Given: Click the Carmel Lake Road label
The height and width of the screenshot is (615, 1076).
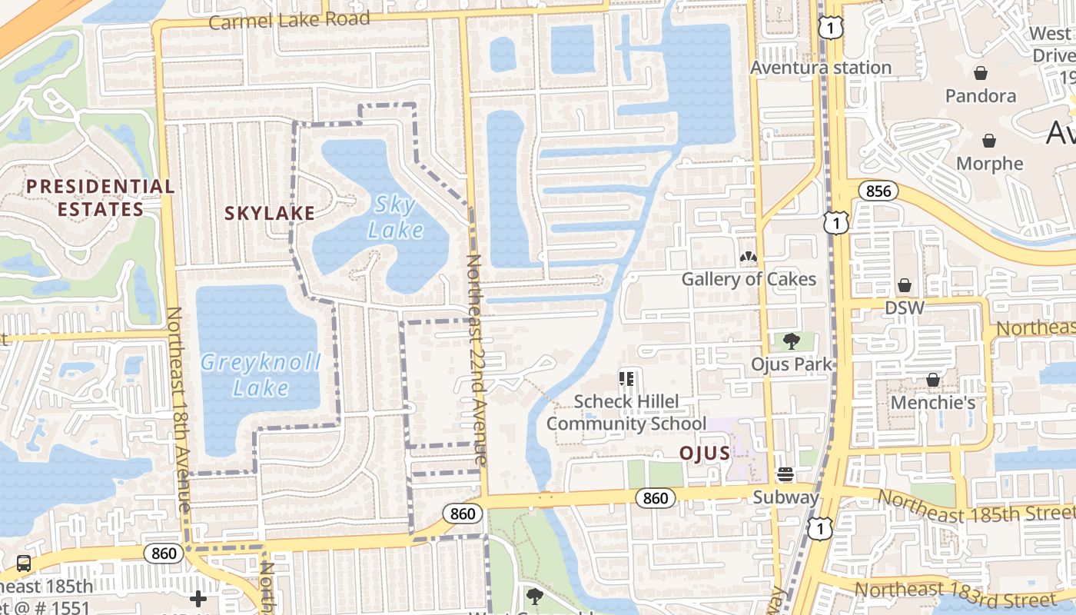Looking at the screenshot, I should click(x=289, y=21).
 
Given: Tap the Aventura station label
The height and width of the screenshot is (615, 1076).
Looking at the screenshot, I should click(x=821, y=68).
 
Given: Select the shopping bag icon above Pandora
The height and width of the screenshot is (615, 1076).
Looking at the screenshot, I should click(x=981, y=74).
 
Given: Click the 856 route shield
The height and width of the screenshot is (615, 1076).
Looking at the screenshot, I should click(x=878, y=191).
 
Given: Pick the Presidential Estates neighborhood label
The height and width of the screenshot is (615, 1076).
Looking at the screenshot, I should click(x=100, y=198).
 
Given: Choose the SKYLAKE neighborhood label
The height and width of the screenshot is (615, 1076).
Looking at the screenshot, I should click(x=270, y=213).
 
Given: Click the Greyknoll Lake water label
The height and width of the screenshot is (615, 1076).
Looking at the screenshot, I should click(x=261, y=374).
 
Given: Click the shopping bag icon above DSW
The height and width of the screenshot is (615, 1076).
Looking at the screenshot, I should click(x=905, y=286).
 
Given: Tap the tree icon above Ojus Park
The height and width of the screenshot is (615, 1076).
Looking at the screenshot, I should click(x=791, y=341).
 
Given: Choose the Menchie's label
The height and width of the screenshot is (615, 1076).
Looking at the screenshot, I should click(x=932, y=403).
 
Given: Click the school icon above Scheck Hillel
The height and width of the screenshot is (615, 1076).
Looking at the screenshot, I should click(x=626, y=378).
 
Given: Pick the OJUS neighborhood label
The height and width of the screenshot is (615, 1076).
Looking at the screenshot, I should click(x=705, y=453).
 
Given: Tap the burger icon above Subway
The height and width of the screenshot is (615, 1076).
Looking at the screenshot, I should click(x=785, y=474).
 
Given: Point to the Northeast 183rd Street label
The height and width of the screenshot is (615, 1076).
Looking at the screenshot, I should click(x=955, y=593).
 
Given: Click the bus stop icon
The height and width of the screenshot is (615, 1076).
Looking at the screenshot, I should click(x=24, y=563).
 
